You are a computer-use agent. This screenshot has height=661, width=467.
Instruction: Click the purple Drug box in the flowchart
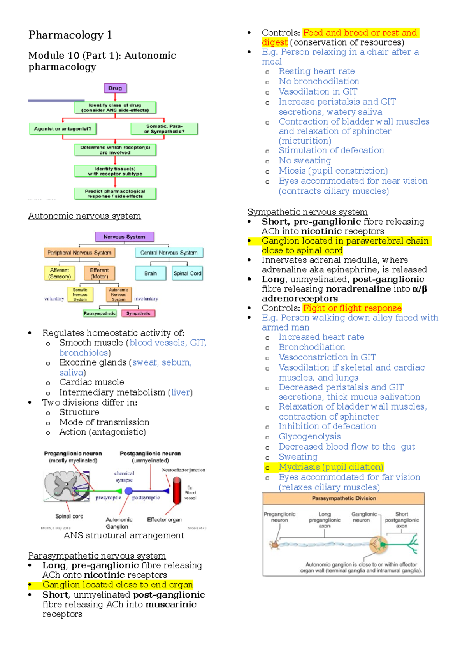[x=115, y=88]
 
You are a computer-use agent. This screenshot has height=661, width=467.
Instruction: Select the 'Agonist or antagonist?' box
[x=63, y=129]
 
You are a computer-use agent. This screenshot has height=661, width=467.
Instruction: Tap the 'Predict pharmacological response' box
[x=115, y=193]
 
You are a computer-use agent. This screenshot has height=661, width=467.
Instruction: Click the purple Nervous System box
[x=125, y=237]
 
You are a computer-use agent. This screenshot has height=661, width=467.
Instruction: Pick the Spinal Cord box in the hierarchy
[x=187, y=273]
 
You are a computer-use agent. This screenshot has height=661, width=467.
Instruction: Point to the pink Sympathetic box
[x=138, y=313]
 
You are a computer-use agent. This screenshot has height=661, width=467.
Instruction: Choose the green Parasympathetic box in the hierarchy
[x=100, y=313]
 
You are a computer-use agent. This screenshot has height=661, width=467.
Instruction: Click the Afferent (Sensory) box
[x=60, y=273]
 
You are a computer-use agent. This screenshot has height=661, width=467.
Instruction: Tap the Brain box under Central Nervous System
[x=151, y=273]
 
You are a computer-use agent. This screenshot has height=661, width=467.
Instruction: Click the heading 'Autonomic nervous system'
[x=84, y=216]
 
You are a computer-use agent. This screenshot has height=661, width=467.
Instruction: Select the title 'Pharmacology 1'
[x=70, y=35]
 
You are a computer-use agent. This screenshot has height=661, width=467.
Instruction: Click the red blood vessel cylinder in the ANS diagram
[x=177, y=491]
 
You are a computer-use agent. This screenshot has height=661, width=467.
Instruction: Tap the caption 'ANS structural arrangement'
[x=124, y=535]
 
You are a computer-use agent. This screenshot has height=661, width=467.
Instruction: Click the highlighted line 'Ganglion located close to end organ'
[x=118, y=585]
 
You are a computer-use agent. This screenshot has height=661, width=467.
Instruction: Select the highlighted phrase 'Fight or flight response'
[x=352, y=308]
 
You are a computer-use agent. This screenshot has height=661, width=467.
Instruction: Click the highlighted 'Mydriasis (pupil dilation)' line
[x=331, y=467]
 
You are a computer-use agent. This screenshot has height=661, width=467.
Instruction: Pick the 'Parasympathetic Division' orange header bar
[x=344, y=498]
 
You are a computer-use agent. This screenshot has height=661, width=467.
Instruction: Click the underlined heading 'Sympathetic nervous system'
[x=307, y=212]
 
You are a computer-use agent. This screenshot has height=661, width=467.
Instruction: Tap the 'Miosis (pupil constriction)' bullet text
[x=333, y=171]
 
